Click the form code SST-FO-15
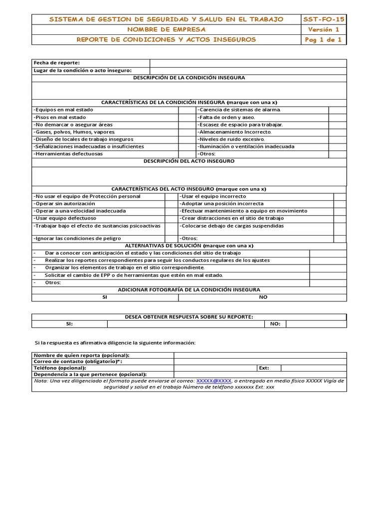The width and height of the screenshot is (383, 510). [x=324, y=19]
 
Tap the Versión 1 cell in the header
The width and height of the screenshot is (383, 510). [x=324, y=29]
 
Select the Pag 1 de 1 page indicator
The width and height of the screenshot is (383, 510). [x=324, y=39]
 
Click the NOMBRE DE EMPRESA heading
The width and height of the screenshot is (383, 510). [x=166, y=29]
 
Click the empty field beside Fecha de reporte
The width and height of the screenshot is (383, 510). [x=248, y=63]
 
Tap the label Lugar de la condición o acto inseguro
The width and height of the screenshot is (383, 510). [x=82, y=71]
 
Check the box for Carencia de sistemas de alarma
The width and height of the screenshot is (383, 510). [x=337, y=110]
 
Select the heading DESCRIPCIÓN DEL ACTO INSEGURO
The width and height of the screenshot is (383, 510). [x=189, y=161]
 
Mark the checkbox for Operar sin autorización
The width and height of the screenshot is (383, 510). [x=172, y=204]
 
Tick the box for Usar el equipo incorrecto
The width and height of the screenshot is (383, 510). [x=340, y=196]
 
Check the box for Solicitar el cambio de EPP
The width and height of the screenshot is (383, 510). [x=328, y=275]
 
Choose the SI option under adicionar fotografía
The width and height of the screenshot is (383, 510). [x=105, y=297]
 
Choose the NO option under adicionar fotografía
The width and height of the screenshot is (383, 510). [x=263, y=297]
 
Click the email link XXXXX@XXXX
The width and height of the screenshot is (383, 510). [x=213, y=381]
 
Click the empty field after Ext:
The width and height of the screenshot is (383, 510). [x=313, y=368]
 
